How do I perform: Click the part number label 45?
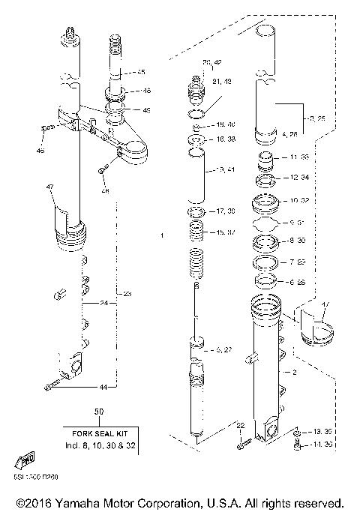pos(140,72)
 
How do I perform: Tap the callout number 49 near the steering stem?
pos(146,110)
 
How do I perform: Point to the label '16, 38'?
pos(226,139)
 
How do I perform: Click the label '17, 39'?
pos(226,212)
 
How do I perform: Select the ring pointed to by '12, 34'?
pos(265,180)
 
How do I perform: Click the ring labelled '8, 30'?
pos(265,242)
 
